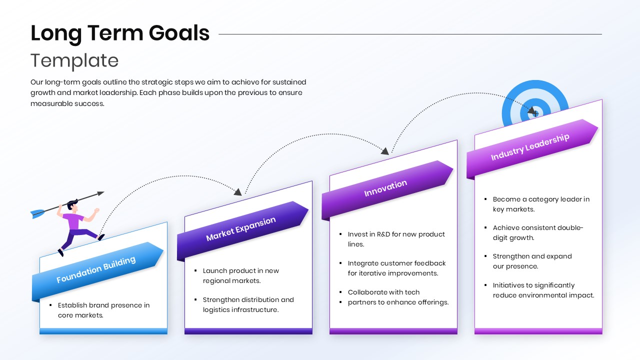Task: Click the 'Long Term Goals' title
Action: pyautogui.click(x=120, y=33)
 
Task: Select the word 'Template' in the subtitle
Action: pyautogui.click(x=74, y=60)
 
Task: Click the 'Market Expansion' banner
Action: pyautogui.click(x=241, y=229)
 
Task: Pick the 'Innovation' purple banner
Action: pyautogui.click(x=385, y=188)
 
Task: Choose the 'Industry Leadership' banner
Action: pyautogui.click(x=530, y=147)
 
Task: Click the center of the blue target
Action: pyautogui.click(x=535, y=113)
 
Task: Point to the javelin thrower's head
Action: pyautogui.click(x=73, y=205)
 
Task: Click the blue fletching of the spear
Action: pyautogui.click(x=37, y=214)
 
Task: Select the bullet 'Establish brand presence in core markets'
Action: pyautogui.click(x=103, y=310)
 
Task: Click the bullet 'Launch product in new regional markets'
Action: pyautogui.click(x=240, y=275)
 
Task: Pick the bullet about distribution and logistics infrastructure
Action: pyautogui.click(x=248, y=304)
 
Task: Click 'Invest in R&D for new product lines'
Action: pyautogui.click(x=396, y=239)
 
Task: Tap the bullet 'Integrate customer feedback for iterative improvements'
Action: pyautogui.click(x=396, y=268)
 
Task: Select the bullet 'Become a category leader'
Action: pyautogui.click(x=541, y=204)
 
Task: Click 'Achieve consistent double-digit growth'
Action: pyautogui.click(x=538, y=233)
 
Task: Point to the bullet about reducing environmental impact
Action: pyautogui.click(x=543, y=290)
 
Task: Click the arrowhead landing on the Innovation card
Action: pyautogui.click(x=384, y=150)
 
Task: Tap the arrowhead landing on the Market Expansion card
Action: pyautogui.click(x=238, y=191)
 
